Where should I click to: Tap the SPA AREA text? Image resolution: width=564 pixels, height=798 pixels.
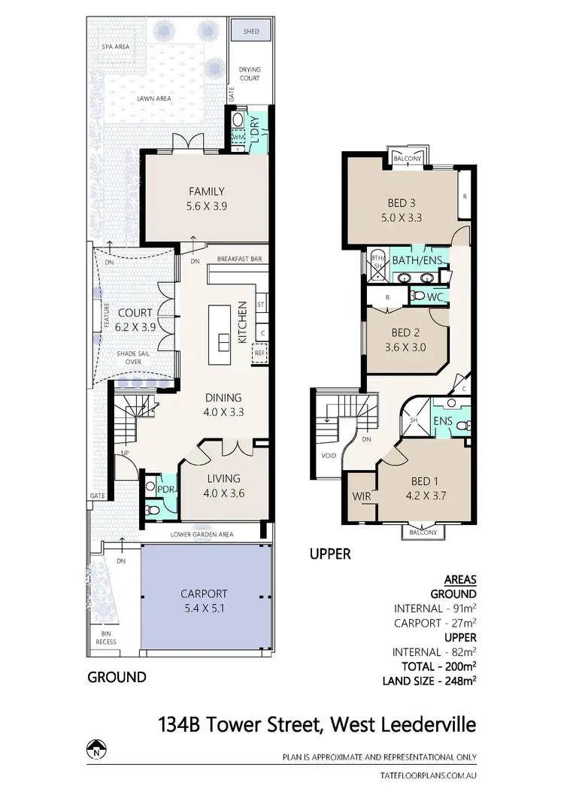click(x=116, y=47)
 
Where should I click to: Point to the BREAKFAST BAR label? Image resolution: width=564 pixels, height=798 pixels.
click(x=239, y=259)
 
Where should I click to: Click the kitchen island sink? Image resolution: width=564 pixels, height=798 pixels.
click(x=224, y=341)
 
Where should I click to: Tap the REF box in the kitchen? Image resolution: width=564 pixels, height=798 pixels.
click(x=261, y=353)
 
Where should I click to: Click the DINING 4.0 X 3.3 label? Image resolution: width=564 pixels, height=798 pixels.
click(x=224, y=405)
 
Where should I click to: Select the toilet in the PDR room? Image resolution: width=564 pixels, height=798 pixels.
click(x=153, y=510)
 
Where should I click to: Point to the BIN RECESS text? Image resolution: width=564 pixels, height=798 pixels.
click(x=106, y=639)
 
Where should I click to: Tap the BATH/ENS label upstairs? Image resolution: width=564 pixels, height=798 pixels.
click(x=417, y=260)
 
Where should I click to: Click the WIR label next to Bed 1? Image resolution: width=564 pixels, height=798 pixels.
click(x=361, y=496)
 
